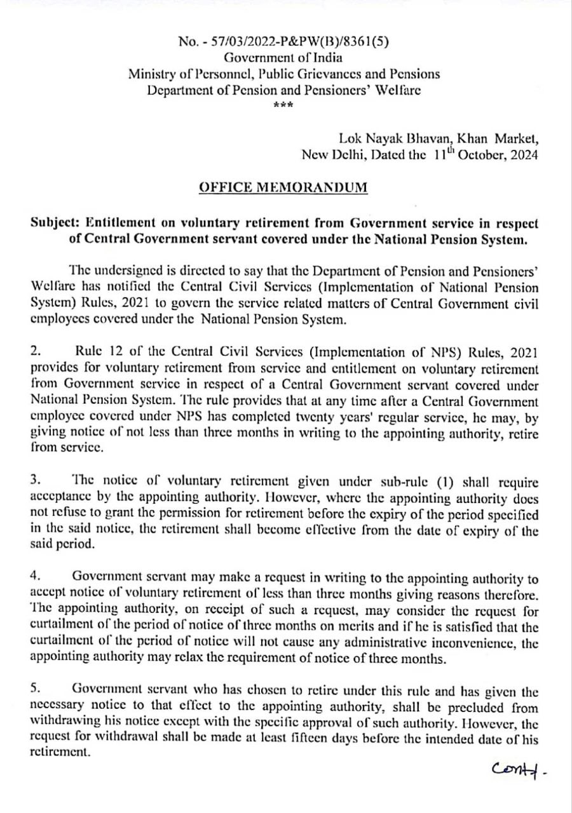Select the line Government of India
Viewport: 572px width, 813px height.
point(283,58)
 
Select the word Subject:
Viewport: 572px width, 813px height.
point(56,224)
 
